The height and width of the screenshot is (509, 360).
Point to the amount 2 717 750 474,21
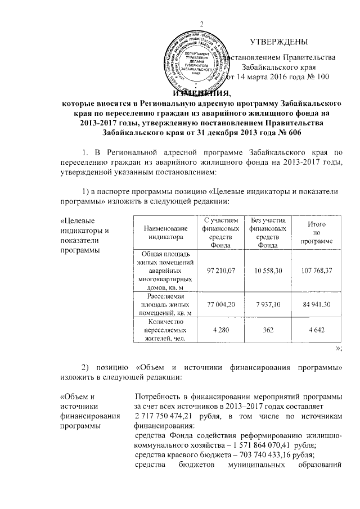[169, 415]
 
